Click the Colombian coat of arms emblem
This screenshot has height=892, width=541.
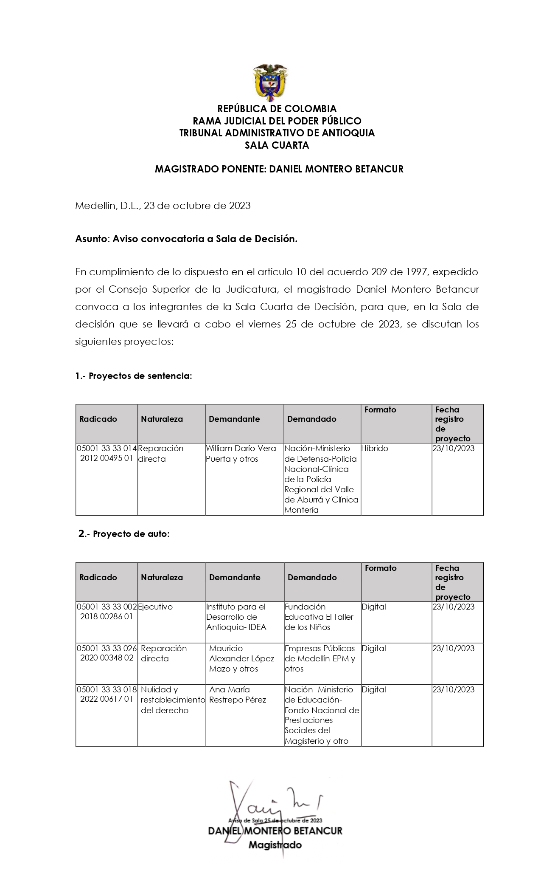point(270,82)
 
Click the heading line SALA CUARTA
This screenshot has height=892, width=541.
point(277,145)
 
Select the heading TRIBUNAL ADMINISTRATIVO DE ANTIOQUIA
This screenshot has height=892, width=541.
point(277,133)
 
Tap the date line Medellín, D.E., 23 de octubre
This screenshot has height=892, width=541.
point(163,206)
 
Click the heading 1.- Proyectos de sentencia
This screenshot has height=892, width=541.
point(134,376)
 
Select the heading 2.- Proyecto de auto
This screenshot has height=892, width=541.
point(124,534)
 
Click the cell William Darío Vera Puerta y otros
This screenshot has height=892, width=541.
point(241,454)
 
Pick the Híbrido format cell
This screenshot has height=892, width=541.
point(375,449)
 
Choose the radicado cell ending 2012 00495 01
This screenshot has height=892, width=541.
point(107,454)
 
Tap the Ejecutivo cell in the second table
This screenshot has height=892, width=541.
point(155,607)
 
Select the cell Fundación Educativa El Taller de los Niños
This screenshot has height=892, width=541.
point(319,617)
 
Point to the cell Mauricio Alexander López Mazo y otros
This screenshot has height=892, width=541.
point(241,658)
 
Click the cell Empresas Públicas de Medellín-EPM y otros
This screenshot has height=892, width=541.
point(320,658)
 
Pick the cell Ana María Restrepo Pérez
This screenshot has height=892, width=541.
point(237,694)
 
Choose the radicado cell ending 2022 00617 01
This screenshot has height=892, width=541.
point(107,694)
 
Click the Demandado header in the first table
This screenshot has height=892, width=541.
point(311,419)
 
